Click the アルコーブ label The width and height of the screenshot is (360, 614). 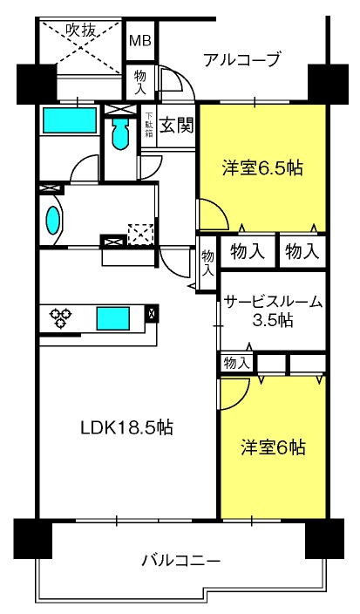coord(242,60)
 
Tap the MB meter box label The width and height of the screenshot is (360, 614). coord(140,40)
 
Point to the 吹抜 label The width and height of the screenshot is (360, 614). coord(80,31)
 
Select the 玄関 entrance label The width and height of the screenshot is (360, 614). coord(176,126)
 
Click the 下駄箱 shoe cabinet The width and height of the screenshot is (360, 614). coord(149,126)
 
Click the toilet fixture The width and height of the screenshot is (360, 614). coord(120,133)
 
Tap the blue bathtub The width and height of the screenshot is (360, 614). coord(70,120)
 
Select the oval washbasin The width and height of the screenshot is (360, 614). coord(53,221)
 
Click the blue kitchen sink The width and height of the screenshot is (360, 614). coord(113,318)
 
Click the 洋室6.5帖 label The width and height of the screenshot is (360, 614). coord(262,168)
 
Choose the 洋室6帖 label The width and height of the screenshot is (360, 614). coord(273,447)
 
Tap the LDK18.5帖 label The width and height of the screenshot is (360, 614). coord(126,427)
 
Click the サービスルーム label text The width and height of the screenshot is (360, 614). coord(274,303)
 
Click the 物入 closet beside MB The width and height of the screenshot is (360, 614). coord(140,82)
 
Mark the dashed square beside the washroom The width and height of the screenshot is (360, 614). coord(141,234)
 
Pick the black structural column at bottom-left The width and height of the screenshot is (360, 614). coord(33,538)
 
